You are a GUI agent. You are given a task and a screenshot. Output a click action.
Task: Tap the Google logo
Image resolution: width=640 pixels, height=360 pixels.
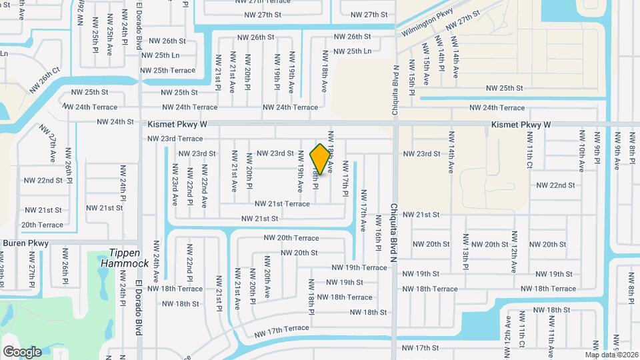[x=22, y=351]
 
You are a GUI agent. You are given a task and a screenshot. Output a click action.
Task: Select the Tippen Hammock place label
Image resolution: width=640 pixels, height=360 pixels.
[x=125, y=259]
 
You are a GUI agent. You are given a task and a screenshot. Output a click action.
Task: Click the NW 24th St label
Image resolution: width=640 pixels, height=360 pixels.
[x=115, y=122]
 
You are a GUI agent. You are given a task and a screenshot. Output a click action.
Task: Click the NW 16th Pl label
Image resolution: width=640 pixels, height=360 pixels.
[x=378, y=237]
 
